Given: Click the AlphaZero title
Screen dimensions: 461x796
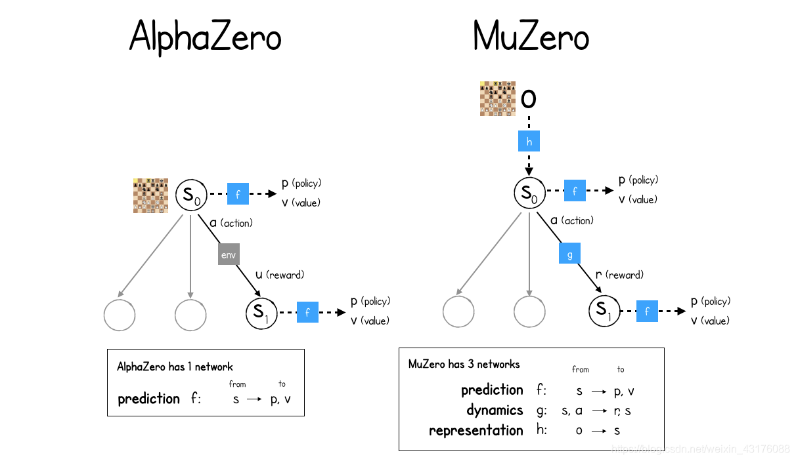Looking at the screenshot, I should [x=205, y=37].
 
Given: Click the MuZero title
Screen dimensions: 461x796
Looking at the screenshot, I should [x=531, y=37].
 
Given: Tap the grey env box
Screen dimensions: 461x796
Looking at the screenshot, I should [x=228, y=254].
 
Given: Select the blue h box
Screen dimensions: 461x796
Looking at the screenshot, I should [x=529, y=141].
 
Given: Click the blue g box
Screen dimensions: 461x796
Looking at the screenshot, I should [x=569, y=253].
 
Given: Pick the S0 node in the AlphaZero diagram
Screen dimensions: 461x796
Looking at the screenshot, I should [x=191, y=195].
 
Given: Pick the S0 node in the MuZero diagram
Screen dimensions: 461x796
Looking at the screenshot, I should [x=529, y=193].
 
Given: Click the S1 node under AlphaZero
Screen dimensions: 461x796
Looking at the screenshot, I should [x=261, y=313].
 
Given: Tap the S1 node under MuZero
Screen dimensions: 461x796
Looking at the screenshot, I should [x=604, y=311].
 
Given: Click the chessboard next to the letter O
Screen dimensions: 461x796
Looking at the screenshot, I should [x=497, y=98].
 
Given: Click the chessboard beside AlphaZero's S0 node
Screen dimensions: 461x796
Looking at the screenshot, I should [x=150, y=195].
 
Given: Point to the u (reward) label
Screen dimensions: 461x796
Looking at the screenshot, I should [x=279, y=275].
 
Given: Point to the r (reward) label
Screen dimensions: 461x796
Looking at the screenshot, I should [x=619, y=275].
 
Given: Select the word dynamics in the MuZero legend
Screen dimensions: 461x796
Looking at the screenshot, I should [x=495, y=411].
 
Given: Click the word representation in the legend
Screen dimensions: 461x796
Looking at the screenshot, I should [x=476, y=431].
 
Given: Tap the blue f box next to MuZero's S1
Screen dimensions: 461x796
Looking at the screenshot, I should [x=647, y=311].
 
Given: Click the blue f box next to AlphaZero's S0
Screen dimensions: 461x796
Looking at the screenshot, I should [x=238, y=194].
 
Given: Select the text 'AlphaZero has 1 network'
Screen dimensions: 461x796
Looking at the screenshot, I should [x=175, y=367].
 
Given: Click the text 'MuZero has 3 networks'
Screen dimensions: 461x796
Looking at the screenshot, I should [x=464, y=364].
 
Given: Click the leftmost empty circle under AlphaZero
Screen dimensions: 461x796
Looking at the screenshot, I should [x=120, y=315].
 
